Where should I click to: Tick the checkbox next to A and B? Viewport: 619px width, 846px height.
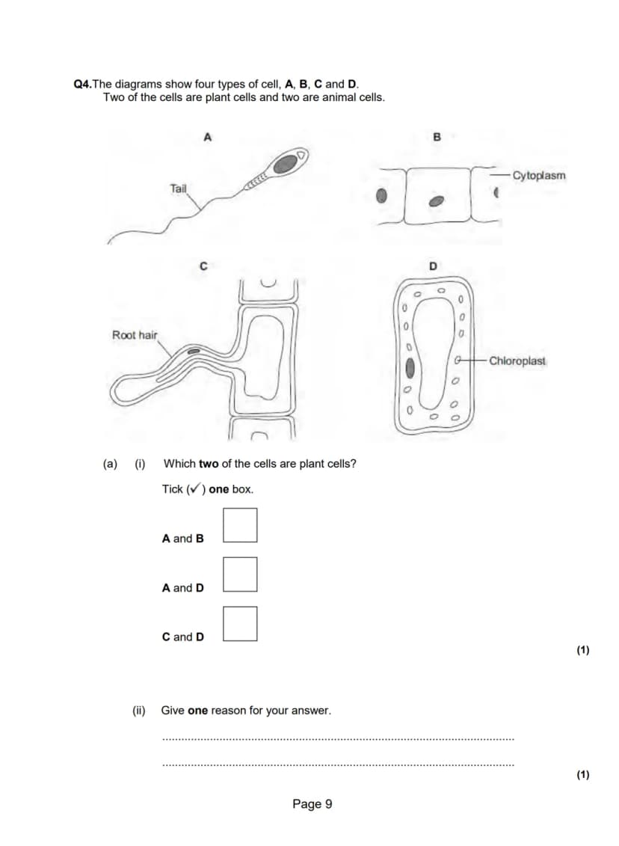coord(240,524)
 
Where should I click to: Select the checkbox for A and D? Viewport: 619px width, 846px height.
coord(240,574)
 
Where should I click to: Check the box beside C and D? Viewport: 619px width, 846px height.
coord(240,623)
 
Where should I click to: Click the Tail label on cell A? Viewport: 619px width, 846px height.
coord(178,188)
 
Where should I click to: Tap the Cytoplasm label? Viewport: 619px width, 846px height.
coord(539,176)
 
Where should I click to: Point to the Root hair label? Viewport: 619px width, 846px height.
coord(135,335)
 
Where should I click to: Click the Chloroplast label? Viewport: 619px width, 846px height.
coord(517,361)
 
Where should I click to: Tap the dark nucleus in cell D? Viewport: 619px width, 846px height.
coord(410,368)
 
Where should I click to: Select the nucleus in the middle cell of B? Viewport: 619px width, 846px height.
coord(436,201)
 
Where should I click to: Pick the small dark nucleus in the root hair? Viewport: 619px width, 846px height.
coord(192,352)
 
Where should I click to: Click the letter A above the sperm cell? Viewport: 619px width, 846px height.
coord(208,137)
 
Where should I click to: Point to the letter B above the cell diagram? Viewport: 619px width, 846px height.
coord(437,137)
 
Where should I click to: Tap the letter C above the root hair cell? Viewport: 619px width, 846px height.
coord(203,266)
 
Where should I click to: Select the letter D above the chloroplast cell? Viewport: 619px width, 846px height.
coord(433,266)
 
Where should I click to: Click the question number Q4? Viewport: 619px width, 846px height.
coord(82,85)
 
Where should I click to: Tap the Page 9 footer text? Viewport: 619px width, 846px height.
coord(312,804)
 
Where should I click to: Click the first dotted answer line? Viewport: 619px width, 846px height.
coord(338,740)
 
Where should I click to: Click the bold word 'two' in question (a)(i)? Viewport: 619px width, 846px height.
coord(209,464)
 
